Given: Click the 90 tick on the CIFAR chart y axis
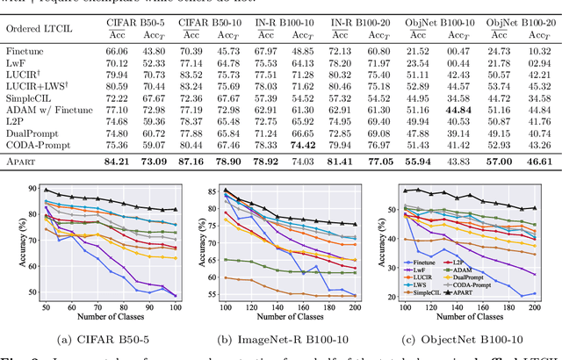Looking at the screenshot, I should click(x=34, y=189).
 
